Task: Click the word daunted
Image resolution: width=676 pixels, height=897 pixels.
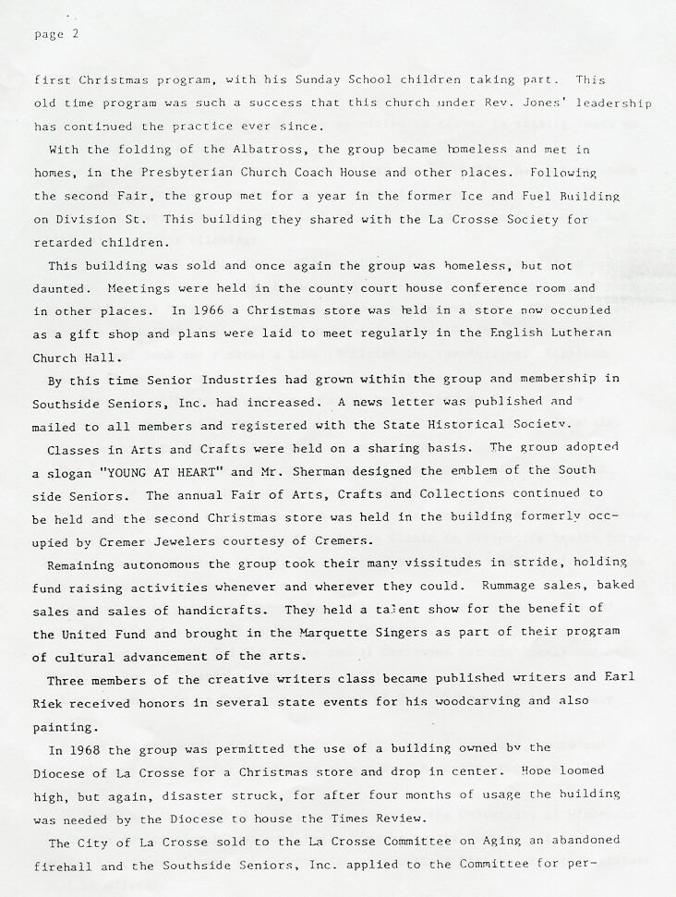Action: tap(60, 288)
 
